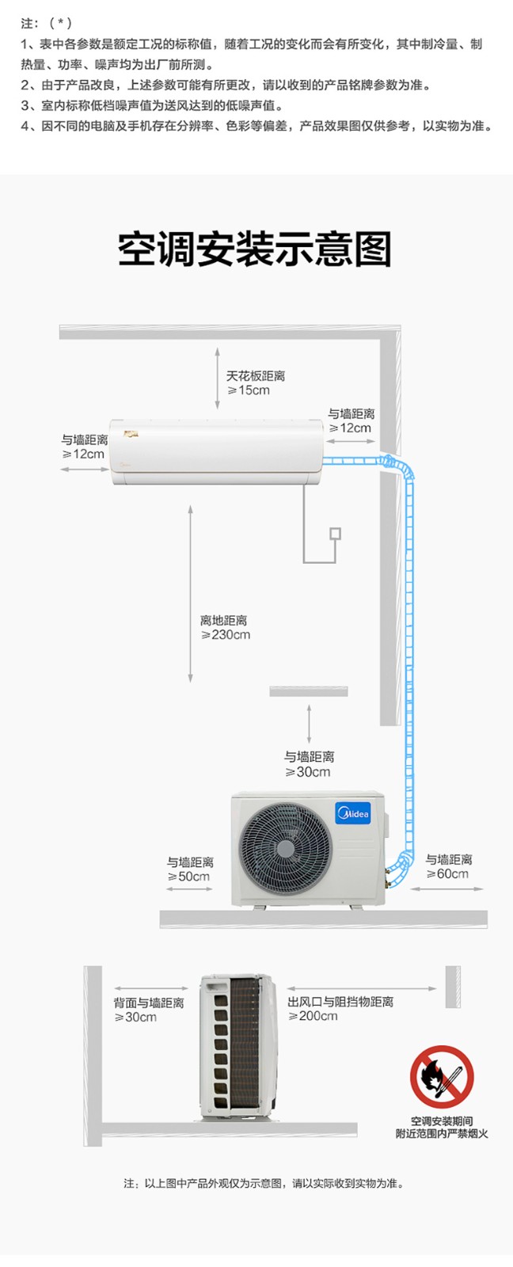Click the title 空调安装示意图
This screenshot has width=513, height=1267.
point(254,249)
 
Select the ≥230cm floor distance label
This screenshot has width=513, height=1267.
point(225,635)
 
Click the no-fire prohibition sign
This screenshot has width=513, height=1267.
point(442,1077)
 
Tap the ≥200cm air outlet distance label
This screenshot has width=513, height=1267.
point(313,1017)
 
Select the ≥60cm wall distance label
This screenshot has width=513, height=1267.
point(447,874)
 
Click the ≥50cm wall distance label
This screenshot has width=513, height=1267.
point(188,877)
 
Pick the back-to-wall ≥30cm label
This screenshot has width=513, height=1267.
point(135,1017)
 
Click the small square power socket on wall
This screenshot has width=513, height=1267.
point(336,534)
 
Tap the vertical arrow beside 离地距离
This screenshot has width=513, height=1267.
point(191,594)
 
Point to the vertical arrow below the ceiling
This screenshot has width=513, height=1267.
point(217,379)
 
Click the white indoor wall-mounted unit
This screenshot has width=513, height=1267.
point(217,452)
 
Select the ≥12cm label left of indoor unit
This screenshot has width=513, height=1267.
point(83,455)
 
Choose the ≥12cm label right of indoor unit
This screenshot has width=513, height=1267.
point(350,428)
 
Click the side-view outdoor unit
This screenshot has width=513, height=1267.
point(238,1048)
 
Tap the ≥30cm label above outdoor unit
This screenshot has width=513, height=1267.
point(308,772)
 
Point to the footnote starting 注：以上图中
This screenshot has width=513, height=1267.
point(264,1183)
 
